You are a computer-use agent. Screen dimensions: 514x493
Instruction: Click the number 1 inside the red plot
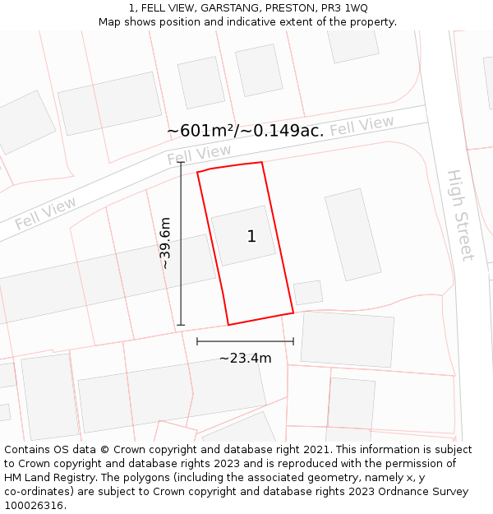(x=251, y=237)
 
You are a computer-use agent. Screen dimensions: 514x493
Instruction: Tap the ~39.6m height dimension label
(x=165, y=243)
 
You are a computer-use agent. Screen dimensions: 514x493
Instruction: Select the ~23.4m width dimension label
(x=245, y=358)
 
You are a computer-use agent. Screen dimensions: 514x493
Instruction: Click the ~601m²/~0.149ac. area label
(x=245, y=131)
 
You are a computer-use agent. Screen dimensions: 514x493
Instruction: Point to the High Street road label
(x=460, y=215)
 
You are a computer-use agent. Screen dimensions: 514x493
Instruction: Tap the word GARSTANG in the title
(x=219, y=8)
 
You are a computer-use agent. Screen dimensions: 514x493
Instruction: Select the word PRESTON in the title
(x=288, y=8)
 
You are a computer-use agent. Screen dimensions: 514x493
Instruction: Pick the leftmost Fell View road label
(x=45, y=213)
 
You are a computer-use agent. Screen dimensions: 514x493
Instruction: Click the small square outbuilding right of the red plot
(x=308, y=293)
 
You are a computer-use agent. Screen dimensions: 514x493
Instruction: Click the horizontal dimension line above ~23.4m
(x=245, y=340)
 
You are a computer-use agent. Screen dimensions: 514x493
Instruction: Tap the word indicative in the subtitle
(x=245, y=22)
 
